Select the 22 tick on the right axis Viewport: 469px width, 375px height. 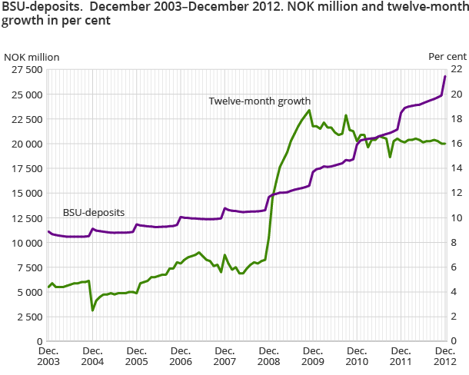[455, 69]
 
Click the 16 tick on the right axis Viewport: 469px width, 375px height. [455, 144]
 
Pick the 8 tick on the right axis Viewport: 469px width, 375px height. [453, 242]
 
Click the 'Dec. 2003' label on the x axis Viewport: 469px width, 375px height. [48, 356]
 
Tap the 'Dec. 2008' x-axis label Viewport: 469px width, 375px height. [268, 356]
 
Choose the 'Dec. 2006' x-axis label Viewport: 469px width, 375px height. [181, 356]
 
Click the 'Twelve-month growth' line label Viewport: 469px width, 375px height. [259, 101]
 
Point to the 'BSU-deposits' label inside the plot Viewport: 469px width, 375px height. [94, 212]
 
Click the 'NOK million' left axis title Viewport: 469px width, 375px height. [32, 57]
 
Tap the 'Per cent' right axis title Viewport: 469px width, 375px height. [447, 57]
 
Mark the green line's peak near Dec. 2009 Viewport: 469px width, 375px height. [309, 110]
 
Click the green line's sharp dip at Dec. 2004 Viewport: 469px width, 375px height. [93, 310]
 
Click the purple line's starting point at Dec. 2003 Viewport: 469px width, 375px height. [48, 231]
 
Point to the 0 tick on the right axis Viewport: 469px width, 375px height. [453, 340]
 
